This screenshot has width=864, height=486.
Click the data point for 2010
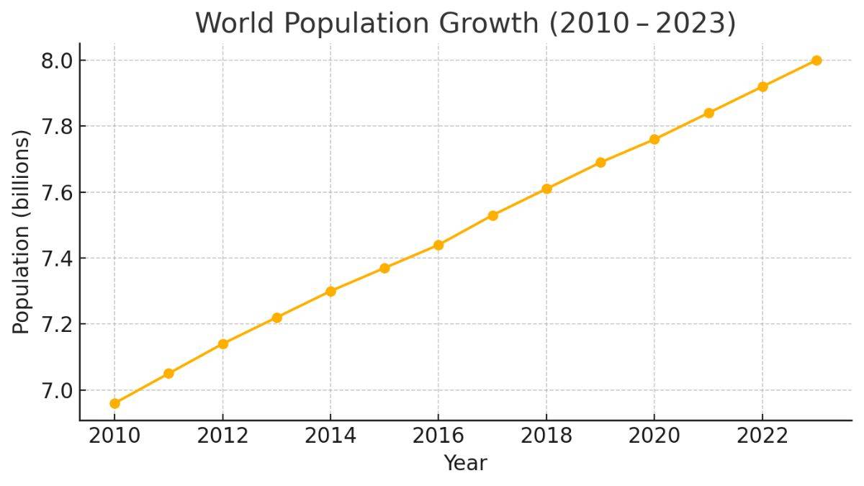point(114,403)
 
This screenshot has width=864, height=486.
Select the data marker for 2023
point(816,60)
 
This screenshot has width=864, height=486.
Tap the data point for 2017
point(492,215)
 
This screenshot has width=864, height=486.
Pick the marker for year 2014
point(330,291)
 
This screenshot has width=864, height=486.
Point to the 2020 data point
point(654,139)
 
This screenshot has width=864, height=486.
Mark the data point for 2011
point(168,373)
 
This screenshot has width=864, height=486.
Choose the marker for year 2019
point(600,162)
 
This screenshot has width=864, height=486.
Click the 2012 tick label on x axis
point(222,436)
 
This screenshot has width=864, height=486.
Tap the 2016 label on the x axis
point(438,436)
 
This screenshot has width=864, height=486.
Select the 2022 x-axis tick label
point(762,436)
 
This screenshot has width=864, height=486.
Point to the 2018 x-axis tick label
point(546,436)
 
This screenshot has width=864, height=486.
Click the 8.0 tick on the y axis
point(58,60)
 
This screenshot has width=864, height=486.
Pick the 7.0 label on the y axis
point(58,390)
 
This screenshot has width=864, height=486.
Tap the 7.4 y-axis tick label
point(58,258)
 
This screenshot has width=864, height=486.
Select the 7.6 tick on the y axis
point(58,192)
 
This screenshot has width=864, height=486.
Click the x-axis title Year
point(465,463)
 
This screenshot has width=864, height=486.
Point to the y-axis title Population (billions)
point(22,232)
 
